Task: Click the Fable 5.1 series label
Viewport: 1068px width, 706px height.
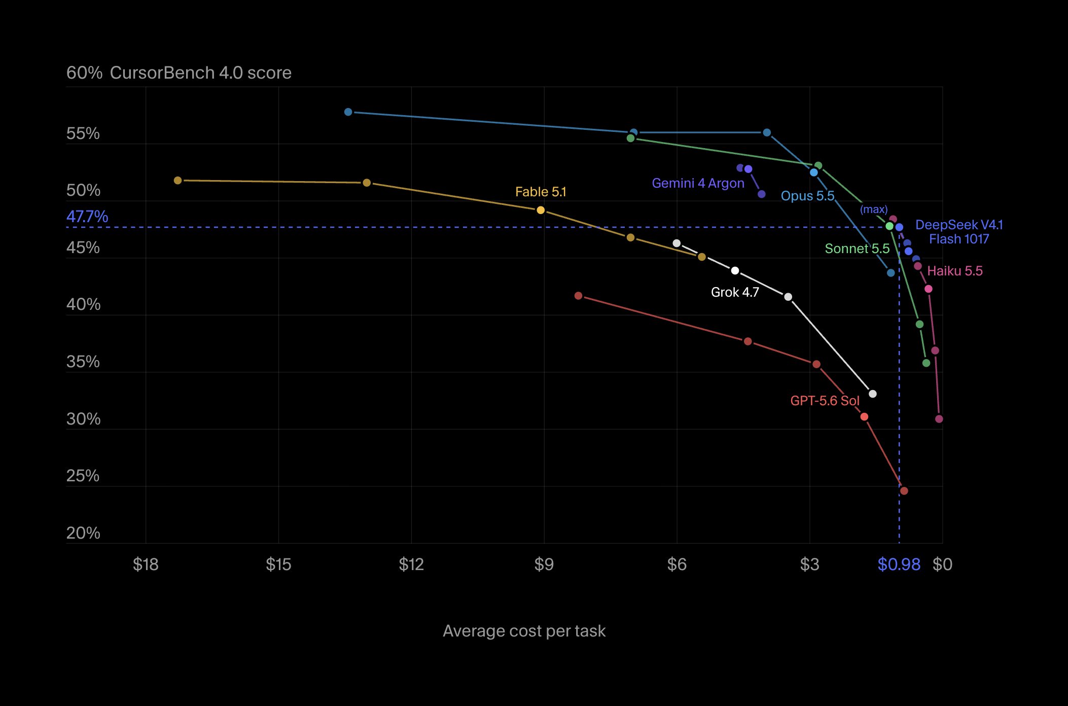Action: (x=541, y=192)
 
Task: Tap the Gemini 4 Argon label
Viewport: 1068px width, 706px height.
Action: (x=698, y=183)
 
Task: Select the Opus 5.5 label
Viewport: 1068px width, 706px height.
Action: (x=807, y=196)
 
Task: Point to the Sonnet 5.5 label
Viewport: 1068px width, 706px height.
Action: (x=857, y=249)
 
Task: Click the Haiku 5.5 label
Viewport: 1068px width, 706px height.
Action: (x=955, y=271)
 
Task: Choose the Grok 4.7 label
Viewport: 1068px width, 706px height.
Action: (x=735, y=292)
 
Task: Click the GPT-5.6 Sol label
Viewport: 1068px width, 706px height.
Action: (x=825, y=401)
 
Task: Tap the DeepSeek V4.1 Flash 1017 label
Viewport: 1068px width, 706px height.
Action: (x=959, y=232)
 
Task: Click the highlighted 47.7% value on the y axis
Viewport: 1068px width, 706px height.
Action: (x=87, y=217)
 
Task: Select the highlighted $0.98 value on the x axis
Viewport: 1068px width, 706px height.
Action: (x=899, y=564)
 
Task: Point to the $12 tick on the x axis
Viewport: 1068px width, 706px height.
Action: (x=411, y=564)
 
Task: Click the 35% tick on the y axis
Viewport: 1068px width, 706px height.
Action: (x=83, y=362)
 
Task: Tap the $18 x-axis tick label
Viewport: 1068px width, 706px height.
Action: (x=146, y=564)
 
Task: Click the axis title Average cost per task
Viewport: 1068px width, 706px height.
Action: (x=524, y=631)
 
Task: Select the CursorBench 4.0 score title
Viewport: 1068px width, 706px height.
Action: (x=200, y=73)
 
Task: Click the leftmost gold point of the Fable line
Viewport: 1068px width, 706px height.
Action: (x=177, y=181)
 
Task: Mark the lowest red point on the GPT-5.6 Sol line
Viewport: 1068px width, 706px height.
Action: (x=904, y=491)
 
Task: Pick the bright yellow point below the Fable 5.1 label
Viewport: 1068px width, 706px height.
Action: (x=541, y=210)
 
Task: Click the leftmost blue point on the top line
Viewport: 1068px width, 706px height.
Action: (x=348, y=112)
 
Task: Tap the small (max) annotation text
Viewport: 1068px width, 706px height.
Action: (x=874, y=209)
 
